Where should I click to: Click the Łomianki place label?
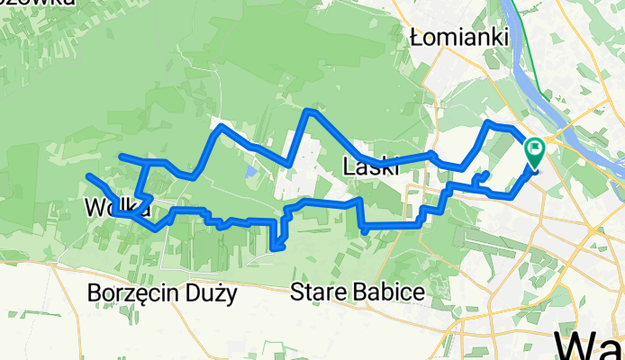click(x=458, y=37)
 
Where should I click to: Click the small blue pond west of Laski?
click(x=249, y=169)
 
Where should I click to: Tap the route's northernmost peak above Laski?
click(x=309, y=111)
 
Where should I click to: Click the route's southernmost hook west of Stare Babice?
click(x=275, y=248)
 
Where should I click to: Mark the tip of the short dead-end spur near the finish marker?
click(x=487, y=172)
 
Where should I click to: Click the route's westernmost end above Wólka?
click(x=88, y=175)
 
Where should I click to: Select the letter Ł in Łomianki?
click(x=414, y=37)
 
